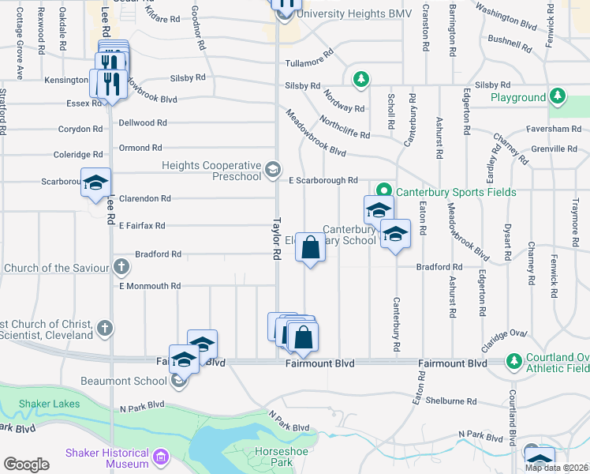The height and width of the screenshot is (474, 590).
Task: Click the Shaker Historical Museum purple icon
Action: [x=161, y=457]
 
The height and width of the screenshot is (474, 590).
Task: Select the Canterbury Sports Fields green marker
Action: [x=384, y=191]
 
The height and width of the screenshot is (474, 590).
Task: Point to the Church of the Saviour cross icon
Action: [x=121, y=267]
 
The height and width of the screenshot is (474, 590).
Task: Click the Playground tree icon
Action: [x=558, y=97]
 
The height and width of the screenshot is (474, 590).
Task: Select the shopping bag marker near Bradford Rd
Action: [x=311, y=248]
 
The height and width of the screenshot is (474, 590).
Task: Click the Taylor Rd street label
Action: [x=277, y=239]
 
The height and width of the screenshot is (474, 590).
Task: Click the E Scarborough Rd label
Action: [x=323, y=180]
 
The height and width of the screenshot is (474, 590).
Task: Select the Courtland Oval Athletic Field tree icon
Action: [x=513, y=362]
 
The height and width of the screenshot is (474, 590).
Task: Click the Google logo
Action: [x=26, y=464]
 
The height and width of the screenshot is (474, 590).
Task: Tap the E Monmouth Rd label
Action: [x=150, y=286]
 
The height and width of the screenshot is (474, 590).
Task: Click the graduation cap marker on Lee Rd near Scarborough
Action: [x=95, y=183]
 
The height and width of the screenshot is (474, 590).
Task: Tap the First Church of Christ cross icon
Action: [x=106, y=328]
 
